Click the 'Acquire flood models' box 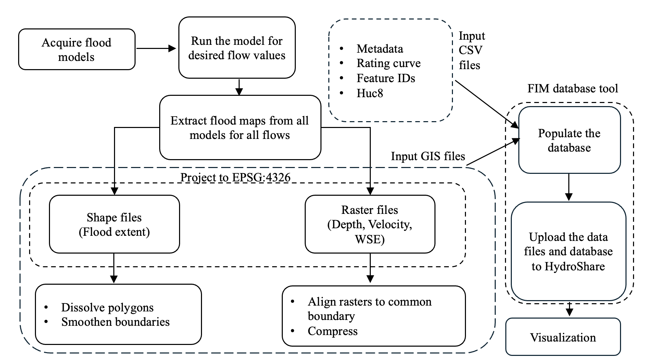pyautogui.click(x=77, y=50)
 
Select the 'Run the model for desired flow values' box pyautogui.click(x=237, y=48)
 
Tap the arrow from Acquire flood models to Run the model pyautogui.click(x=156, y=49)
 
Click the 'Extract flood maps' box pyautogui.click(x=240, y=128)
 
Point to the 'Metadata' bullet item pyautogui.click(x=380, y=49)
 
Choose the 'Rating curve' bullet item pyautogui.click(x=388, y=63)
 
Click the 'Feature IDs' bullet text pyautogui.click(x=386, y=78)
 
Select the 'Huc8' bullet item pyautogui.click(x=370, y=93)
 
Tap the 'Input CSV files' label pyautogui.click(x=471, y=50)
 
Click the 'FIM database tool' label pyautogui.click(x=572, y=89)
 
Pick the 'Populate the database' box pyautogui.click(x=569, y=140)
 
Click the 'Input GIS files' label pyautogui.click(x=428, y=156)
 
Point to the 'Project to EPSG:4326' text pyautogui.click(x=235, y=178)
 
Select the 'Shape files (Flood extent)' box pyautogui.click(x=114, y=224)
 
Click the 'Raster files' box pyautogui.click(x=370, y=224)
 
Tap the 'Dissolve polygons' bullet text pyautogui.click(x=107, y=308)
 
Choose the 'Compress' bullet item pyautogui.click(x=332, y=331)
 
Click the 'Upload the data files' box pyautogui.click(x=568, y=252)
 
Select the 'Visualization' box pyautogui.click(x=563, y=337)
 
